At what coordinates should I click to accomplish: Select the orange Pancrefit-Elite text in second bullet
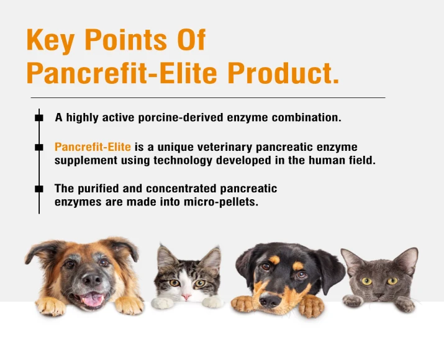pyautogui.click(x=93, y=147)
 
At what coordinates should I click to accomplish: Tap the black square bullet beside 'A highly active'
pyautogui.click(x=39, y=117)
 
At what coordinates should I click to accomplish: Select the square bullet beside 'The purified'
pyautogui.click(x=39, y=188)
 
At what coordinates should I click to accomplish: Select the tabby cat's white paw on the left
pyautogui.click(x=163, y=303)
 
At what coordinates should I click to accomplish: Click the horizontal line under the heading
pyautogui.click(x=208, y=97)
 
